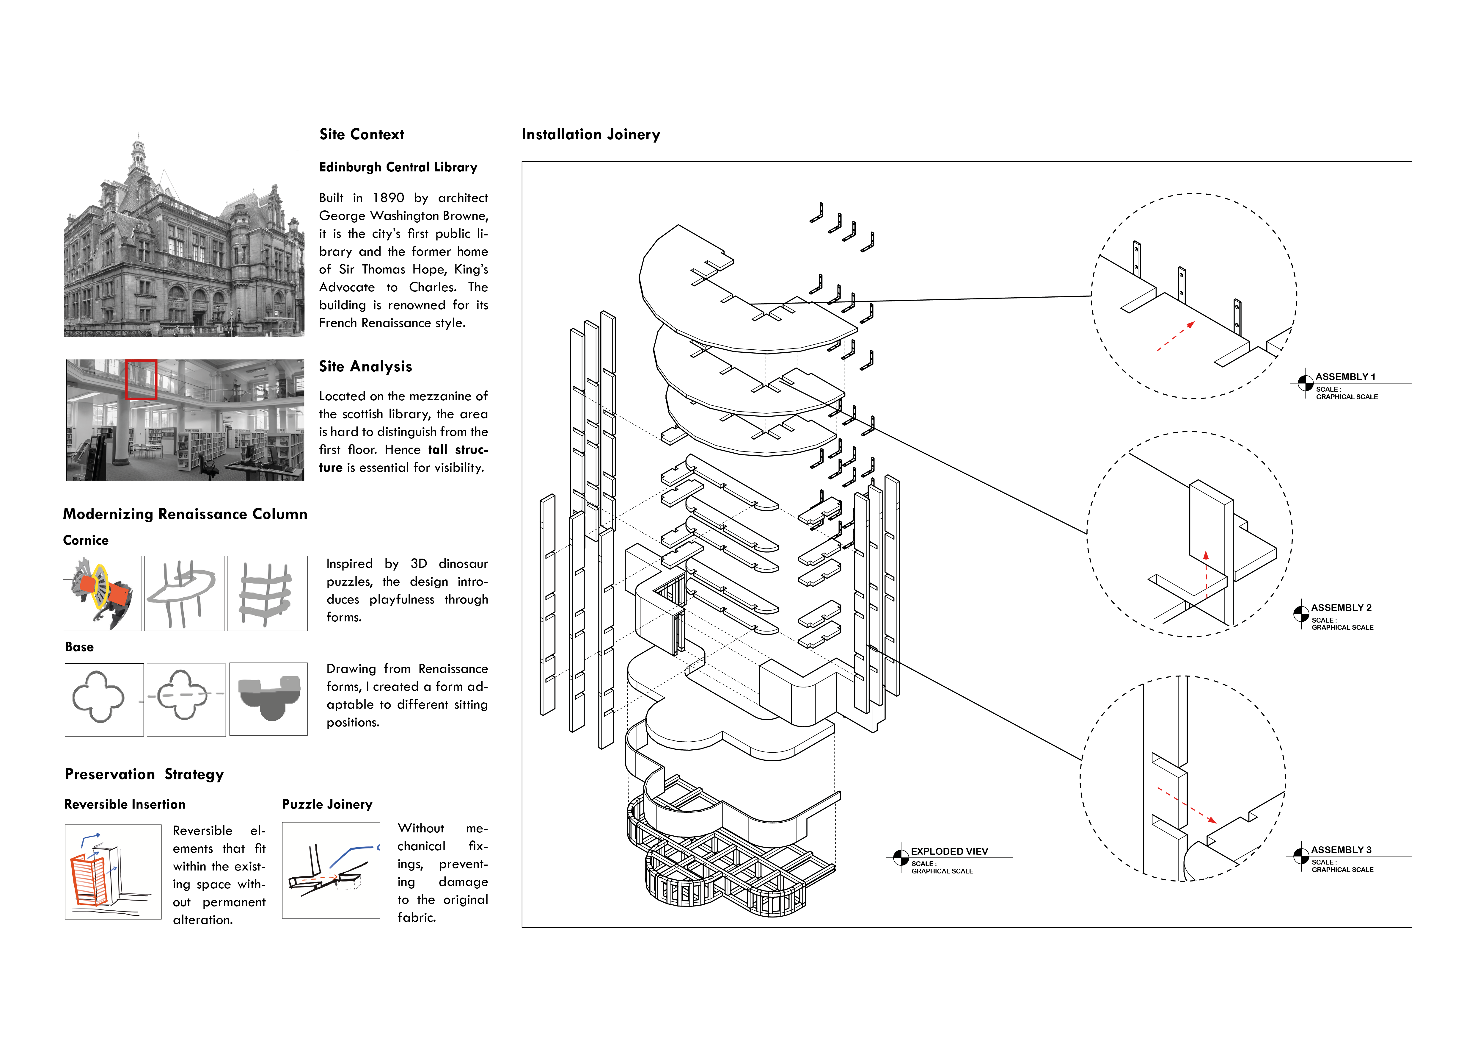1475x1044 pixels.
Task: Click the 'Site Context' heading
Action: (362, 134)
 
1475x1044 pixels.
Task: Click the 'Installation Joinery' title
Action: (590, 134)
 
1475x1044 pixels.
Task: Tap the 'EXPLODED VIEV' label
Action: (949, 851)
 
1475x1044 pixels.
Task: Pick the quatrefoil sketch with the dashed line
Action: (186, 699)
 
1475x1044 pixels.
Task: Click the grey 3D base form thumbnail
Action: (268, 699)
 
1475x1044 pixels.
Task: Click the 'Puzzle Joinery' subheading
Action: (327, 804)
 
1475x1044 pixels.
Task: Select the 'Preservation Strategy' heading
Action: (144, 774)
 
